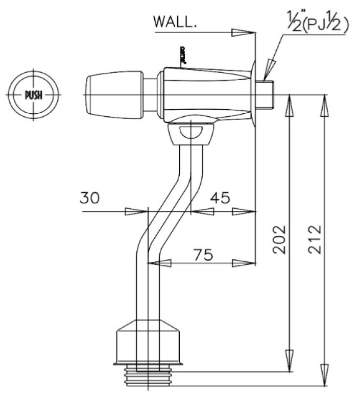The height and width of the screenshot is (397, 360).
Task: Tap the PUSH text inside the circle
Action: point(34,95)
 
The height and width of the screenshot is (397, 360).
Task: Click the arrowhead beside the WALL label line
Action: point(242,33)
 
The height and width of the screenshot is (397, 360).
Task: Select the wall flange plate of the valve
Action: point(253,95)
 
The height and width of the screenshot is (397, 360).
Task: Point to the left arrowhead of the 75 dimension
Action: point(159,263)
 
